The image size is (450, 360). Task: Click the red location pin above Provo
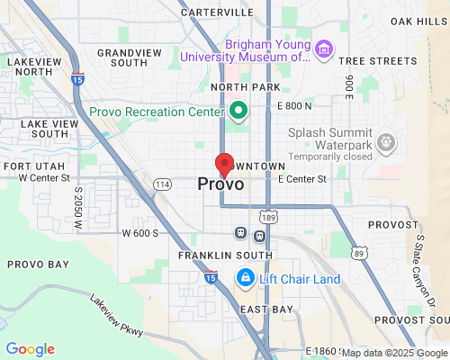(224, 165)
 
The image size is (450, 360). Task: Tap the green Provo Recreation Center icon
(238, 112)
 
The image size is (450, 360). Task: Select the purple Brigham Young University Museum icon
(323, 48)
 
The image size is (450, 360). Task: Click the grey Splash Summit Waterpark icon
(387, 141)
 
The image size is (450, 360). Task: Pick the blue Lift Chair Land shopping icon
(243, 279)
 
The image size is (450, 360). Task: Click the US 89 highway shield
(358, 255)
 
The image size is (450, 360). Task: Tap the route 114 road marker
(161, 184)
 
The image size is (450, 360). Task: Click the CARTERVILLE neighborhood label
(217, 13)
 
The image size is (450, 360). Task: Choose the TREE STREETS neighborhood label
(376, 60)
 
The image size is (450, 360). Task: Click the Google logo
(30, 349)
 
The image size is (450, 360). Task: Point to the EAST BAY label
(267, 309)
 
